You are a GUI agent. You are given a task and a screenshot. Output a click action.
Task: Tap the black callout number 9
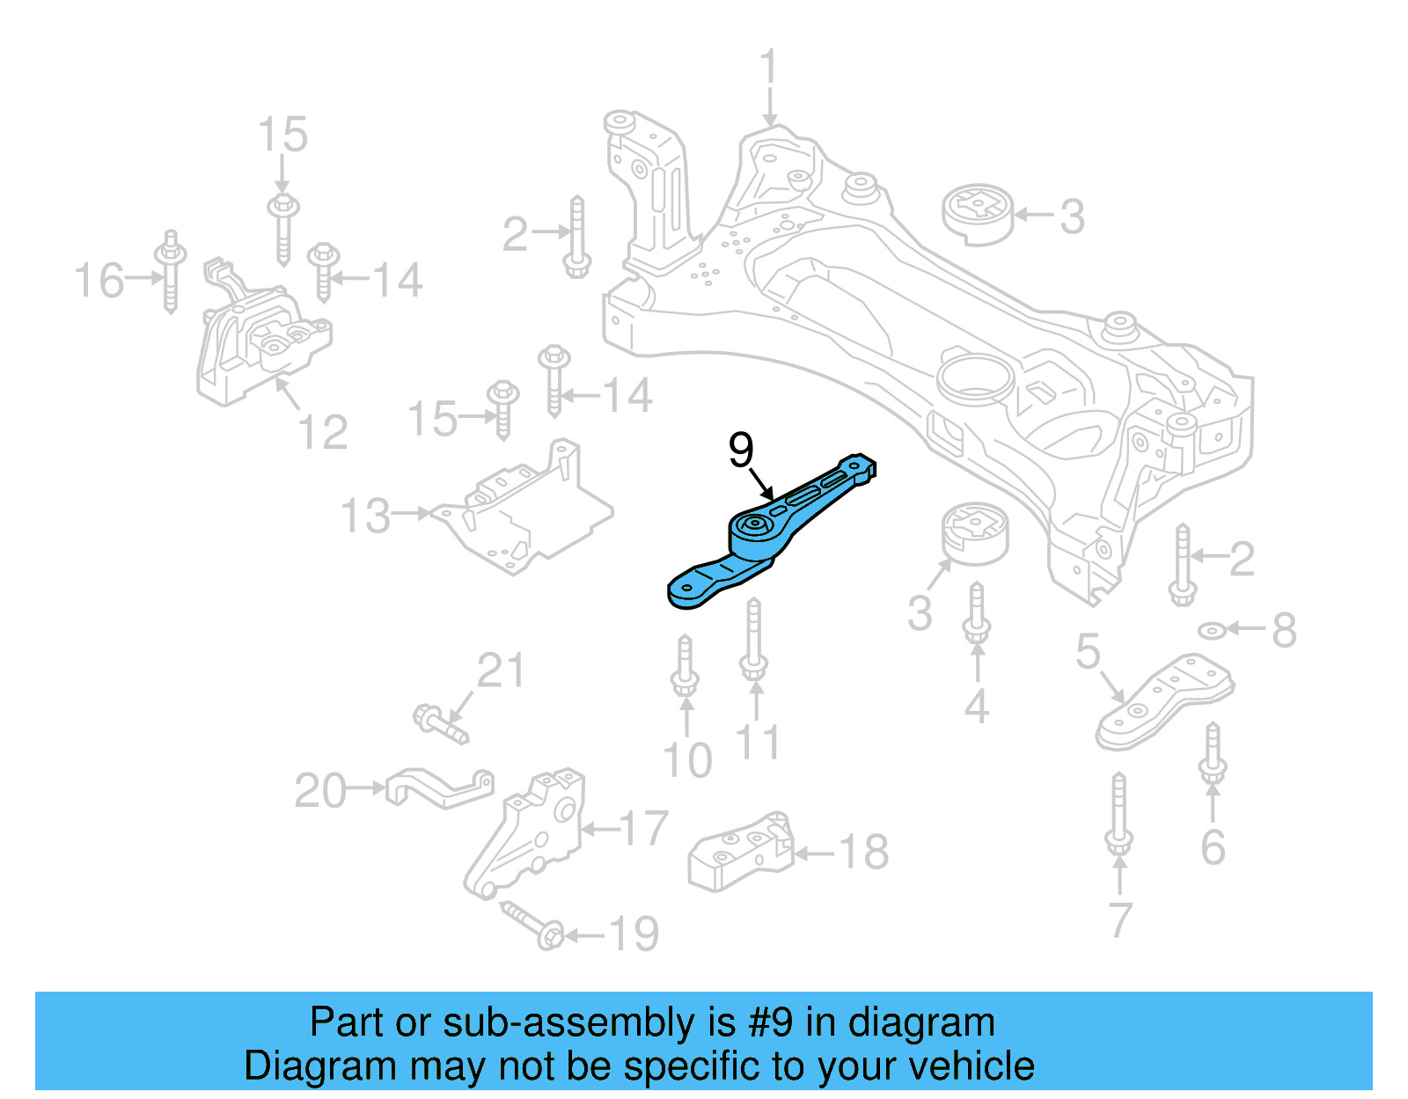tap(741, 450)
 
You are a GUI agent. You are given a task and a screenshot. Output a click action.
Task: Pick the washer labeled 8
tap(1213, 630)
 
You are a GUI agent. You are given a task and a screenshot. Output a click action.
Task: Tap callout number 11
tap(758, 743)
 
